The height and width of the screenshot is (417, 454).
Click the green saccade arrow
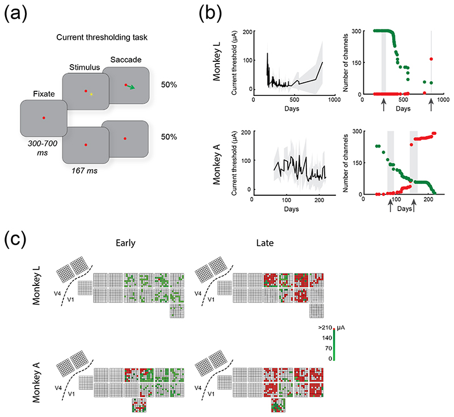click(131, 87)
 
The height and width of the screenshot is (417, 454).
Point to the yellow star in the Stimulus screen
click(91, 94)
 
